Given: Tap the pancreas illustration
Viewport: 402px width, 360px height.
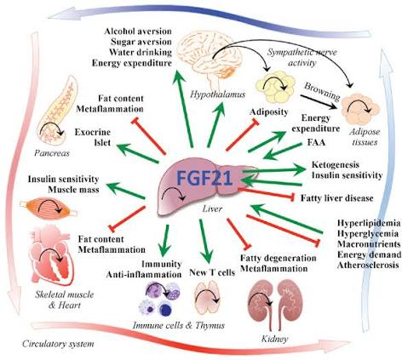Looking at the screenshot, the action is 57,111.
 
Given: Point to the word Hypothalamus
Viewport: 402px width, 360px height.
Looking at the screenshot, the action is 217,94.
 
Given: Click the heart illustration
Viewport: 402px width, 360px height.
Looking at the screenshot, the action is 53,254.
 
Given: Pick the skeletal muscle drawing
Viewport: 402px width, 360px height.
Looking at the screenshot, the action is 49,209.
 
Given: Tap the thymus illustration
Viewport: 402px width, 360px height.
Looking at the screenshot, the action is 207,297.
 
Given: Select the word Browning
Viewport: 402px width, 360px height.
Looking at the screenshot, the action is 323,92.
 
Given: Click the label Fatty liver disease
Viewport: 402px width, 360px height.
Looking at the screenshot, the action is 336,197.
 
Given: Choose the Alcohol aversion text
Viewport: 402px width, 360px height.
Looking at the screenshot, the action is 138,31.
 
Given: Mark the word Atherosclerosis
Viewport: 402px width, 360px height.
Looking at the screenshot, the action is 368,265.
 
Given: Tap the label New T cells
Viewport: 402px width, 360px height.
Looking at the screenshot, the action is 212,272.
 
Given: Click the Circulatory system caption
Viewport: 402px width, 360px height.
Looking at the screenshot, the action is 58,344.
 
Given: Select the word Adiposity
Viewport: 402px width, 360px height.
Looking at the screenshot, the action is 269,112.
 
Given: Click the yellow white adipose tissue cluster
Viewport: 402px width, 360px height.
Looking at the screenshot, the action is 275,87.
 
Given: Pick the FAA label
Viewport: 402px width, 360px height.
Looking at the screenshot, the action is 316,142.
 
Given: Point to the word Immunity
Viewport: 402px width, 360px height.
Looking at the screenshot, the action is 162,264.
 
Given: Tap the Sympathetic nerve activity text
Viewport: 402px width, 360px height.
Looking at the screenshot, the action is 302,58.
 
